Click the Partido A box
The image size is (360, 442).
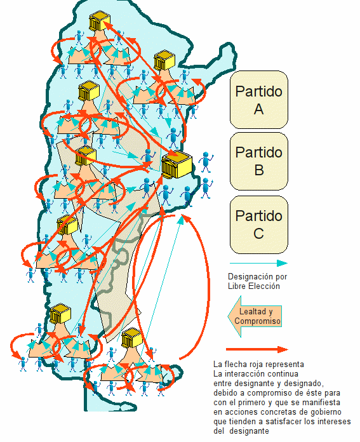tap(259, 100)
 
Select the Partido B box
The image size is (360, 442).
tap(259, 161)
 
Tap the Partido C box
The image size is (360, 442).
tap(259, 225)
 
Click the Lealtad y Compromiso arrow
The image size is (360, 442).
tap(255, 316)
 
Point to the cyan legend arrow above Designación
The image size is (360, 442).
tap(258, 264)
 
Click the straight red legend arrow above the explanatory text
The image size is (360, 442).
tap(257, 349)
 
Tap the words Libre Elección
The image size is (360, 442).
tap(254, 286)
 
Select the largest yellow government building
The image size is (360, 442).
tap(177, 165)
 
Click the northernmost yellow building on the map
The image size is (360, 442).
tap(99, 21)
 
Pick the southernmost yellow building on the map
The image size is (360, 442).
tap(132, 338)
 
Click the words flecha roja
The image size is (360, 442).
tap(248, 365)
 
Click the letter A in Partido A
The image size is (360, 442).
tap(259, 109)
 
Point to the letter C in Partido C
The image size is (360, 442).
tap(259, 234)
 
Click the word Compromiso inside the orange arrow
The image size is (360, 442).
tap(257, 321)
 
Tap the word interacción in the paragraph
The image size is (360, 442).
tap(242, 374)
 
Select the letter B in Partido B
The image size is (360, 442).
tap(259, 170)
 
